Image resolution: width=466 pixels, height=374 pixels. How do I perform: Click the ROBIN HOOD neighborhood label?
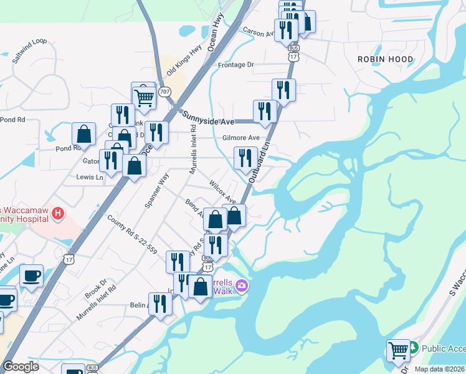385,59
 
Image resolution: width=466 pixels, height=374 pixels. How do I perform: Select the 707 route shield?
164,92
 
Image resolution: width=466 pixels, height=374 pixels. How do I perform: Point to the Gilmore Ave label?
240,138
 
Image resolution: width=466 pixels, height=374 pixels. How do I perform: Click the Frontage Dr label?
236,64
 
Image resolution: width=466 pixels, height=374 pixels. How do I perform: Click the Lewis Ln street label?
90,178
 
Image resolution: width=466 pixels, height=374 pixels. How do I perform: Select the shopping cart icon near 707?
144,97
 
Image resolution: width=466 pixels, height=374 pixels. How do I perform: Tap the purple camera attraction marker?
242,286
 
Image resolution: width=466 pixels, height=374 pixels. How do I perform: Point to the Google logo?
21,367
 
